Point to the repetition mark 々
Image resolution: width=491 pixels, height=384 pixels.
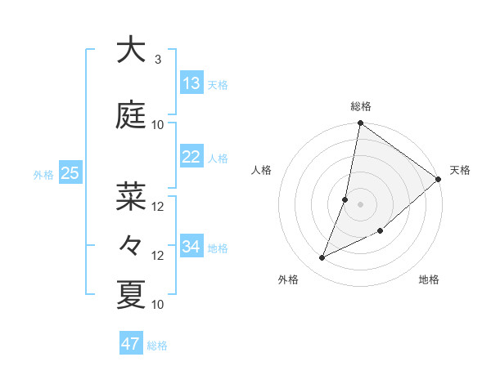pos(131,245)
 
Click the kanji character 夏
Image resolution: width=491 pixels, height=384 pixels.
pos(131,294)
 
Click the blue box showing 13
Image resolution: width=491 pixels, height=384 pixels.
pos(191,83)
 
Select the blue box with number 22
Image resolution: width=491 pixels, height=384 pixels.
pos(191,158)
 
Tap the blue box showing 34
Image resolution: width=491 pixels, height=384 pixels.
pos(191,247)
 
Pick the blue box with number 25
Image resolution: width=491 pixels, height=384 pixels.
pos(70,173)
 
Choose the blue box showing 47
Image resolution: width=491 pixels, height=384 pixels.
pos(131,344)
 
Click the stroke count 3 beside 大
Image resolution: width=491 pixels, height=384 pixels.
pos(158,60)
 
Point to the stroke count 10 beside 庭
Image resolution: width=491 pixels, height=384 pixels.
pos(158,125)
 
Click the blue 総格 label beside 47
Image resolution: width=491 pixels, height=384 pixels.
pos(157,346)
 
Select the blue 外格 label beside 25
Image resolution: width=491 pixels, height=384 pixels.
pos(43,174)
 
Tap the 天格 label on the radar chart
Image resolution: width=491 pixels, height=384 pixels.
pos(460,170)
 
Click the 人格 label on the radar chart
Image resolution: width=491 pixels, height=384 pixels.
pos(261,170)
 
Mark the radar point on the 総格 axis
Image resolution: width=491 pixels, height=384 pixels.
pos(360,124)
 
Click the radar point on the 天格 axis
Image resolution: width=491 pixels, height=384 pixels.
pos(438,179)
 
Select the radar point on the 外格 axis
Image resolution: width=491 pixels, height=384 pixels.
pos(322,258)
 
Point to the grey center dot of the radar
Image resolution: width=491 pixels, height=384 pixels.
pos(360,204)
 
